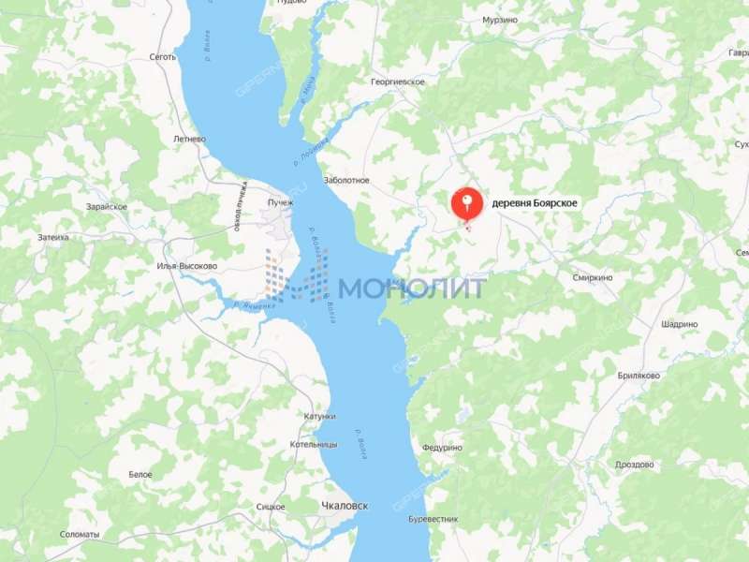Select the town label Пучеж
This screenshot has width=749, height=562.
point(280,202)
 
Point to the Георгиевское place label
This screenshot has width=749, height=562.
point(398,82)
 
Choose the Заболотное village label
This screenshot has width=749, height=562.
point(345,180)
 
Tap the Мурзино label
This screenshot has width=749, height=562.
point(500,20)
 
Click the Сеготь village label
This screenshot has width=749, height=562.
point(163,57)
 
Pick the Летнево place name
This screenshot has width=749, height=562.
point(189,139)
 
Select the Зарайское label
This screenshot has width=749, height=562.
point(106,206)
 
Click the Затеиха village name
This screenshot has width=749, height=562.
point(53,237)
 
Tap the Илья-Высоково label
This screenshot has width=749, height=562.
point(187,266)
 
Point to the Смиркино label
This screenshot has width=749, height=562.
point(592,278)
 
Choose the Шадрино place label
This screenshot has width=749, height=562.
point(679,324)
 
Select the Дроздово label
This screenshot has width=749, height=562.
point(641,464)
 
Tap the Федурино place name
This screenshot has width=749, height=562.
point(442,448)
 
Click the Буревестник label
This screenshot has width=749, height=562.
point(433,519)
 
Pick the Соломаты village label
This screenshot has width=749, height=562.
point(80,535)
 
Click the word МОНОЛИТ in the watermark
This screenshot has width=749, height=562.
point(412,288)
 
